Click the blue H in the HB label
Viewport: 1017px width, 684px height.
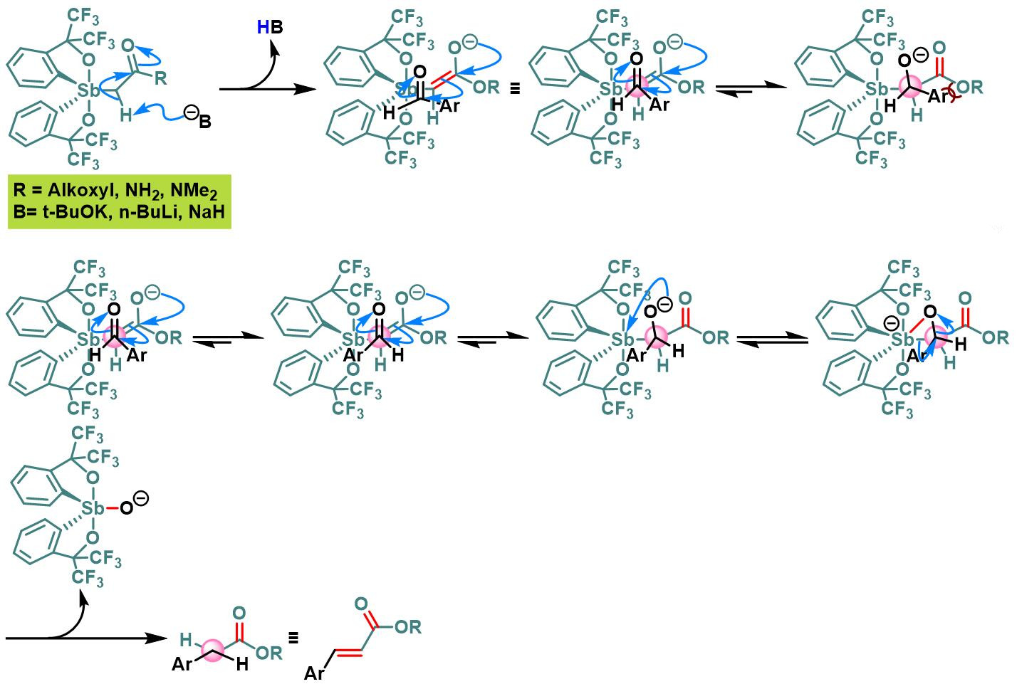(x=263, y=27)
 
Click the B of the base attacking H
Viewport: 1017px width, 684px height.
(x=205, y=122)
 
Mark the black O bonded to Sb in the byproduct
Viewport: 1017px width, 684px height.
(x=125, y=510)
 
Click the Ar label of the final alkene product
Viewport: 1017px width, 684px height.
(x=314, y=672)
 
